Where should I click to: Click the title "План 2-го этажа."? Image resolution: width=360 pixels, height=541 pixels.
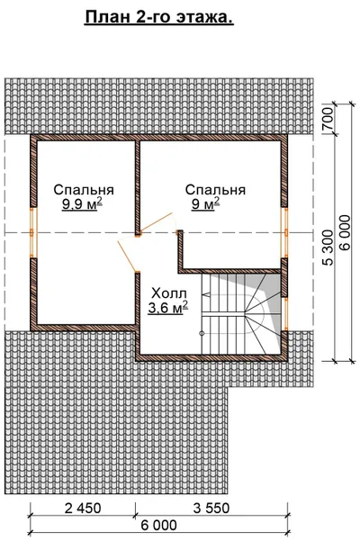point(159,18)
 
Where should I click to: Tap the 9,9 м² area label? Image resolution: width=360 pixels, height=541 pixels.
point(83,204)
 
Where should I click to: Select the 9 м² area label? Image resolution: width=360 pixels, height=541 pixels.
point(206,204)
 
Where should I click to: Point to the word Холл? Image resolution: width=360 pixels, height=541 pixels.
point(169,293)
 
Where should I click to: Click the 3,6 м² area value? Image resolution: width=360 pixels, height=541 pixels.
point(168,308)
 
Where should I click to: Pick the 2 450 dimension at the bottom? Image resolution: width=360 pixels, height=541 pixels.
point(83,508)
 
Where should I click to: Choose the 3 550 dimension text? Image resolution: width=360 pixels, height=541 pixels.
point(211,508)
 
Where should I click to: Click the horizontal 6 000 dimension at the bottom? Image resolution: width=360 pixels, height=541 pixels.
point(158,526)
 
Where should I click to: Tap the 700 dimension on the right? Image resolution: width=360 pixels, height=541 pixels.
point(328,118)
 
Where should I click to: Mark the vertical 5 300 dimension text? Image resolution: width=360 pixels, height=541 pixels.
point(328,247)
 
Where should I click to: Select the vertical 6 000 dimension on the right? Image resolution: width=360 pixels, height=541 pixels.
point(345,232)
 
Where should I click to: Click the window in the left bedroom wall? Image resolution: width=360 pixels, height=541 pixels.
point(33,232)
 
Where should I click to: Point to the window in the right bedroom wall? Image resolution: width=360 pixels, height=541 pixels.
point(284,232)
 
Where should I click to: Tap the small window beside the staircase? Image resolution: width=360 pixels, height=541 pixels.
point(284,314)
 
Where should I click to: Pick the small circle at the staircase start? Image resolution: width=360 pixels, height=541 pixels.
point(202,333)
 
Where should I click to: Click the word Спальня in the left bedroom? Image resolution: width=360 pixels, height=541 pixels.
point(84,190)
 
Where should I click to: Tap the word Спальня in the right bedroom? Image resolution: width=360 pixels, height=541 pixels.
point(215,190)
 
